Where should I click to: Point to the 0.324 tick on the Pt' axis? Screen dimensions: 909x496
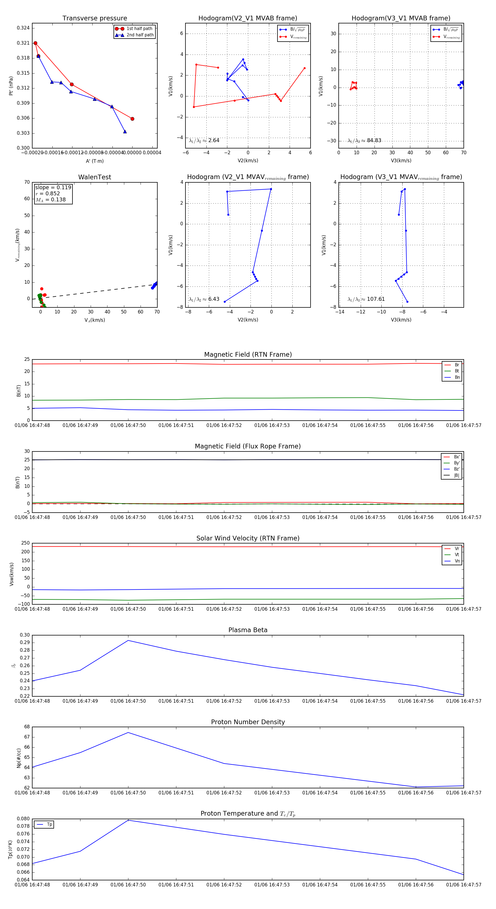[x=23, y=28]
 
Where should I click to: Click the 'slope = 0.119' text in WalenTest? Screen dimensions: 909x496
[x=53, y=187]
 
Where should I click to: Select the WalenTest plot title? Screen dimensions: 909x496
[x=95, y=177]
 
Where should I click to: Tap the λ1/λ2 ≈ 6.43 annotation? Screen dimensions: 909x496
[x=204, y=299]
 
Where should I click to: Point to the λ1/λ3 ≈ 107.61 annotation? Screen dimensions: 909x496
[x=366, y=299]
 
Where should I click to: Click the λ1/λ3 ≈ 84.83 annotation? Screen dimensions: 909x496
[x=364, y=140]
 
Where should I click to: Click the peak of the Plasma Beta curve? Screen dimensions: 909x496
[x=128, y=640]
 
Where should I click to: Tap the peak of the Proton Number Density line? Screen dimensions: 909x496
[x=128, y=732]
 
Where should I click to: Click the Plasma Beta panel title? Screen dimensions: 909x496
[x=248, y=630]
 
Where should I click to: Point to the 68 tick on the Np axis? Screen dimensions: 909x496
[x=27, y=727]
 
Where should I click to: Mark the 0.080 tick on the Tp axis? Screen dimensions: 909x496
[x=23, y=819]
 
